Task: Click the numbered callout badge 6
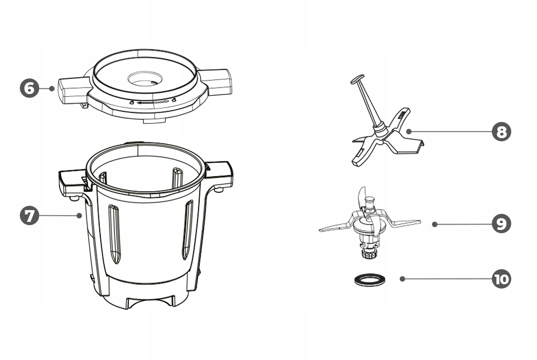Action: [x=30, y=88]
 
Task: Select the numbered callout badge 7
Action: [x=30, y=215]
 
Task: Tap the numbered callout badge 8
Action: [x=502, y=132]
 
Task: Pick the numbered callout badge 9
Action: [x=502, y=224]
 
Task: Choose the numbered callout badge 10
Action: [x=502, y=279]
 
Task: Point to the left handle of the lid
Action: [x=72, y=90]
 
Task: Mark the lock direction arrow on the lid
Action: [x=153, y=102]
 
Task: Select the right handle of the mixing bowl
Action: [x=219, y=175]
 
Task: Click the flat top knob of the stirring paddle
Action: [x=358, y=79]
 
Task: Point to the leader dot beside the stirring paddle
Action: [x=409, y=131]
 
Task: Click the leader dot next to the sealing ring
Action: [x=402, y=279]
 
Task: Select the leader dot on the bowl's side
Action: [x=79, y=215]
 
